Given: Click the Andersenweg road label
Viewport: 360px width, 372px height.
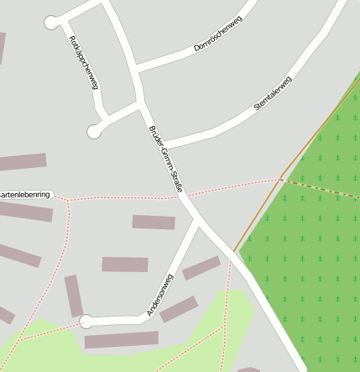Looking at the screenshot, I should pyautogui.click(x=159, y=295).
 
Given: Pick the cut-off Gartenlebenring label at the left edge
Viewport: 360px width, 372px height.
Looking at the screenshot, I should pyautogui.click(x=25, y=194).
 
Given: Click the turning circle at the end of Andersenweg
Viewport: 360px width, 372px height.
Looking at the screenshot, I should pyautogui.click(x=86, y=321).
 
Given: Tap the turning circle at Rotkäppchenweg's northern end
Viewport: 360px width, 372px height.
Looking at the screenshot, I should pyautogui.click(x=52, y=23).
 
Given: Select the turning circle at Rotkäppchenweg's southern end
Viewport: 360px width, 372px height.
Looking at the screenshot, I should pyautogui.click(x=94, y=130).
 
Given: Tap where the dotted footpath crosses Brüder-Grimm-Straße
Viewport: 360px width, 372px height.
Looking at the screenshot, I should pyautogui.click(x=183, y=196).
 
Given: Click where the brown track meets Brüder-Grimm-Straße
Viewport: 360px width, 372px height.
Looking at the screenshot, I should pyautogui.click(x=235, y=252).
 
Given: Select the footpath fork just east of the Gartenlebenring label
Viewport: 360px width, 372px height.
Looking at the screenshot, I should pyautogui.click(x=67, y=200).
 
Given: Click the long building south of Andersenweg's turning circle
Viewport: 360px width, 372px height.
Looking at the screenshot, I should pyautogui.click(x=121, y=339).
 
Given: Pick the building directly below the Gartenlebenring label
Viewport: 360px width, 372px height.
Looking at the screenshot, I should pyautogui.click(x=25, y=211).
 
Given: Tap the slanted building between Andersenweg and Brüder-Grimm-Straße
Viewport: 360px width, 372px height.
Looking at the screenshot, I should pyautogui.click(x=201, y=268).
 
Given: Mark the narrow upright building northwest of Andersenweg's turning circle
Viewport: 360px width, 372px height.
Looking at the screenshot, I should pyautogui.click(x=74, y=296).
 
